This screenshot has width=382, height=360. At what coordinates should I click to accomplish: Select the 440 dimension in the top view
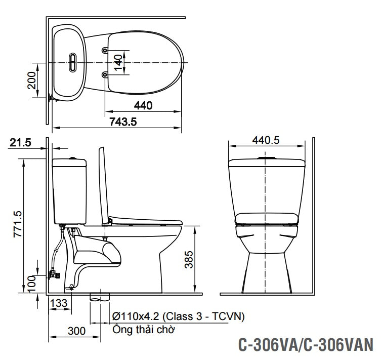(x=143, y=105)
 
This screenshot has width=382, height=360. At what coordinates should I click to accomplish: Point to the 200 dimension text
(x=32, y=80)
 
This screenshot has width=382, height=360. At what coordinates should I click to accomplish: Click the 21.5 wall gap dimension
(x=20, y=143)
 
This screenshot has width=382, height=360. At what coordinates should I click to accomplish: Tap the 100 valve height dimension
(x=32, y=284)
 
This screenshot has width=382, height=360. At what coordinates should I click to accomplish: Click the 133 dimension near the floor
(x=59, y=303)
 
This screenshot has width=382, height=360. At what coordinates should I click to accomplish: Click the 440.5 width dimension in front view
(x=266, y=141)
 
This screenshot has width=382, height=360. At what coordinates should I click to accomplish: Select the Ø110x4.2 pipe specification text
(x=179, y=316)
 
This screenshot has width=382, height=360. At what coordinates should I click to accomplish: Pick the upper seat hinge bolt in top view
(x=105, y=50)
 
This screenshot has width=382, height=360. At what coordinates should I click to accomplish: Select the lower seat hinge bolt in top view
(x=105, y=74)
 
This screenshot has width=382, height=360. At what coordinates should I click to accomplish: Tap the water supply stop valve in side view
(x=54, y=274)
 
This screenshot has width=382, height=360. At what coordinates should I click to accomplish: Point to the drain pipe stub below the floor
(x=101, y=297)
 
